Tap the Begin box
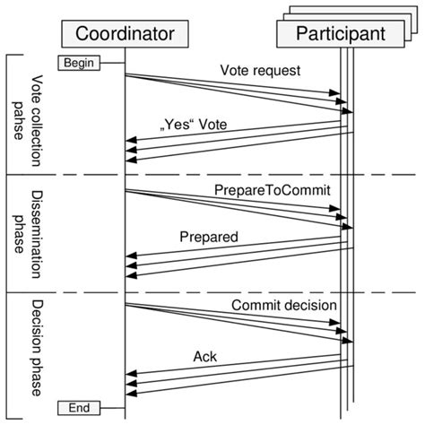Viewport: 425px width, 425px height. click(80, 63)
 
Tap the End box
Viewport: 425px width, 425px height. click(80, 407)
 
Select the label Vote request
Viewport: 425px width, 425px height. click(260, 70)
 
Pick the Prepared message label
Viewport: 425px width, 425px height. click(209, 239)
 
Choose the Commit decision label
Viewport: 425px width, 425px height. click(284, 305)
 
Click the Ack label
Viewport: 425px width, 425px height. click(205, 356)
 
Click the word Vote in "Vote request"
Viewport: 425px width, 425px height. click(235, 70)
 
